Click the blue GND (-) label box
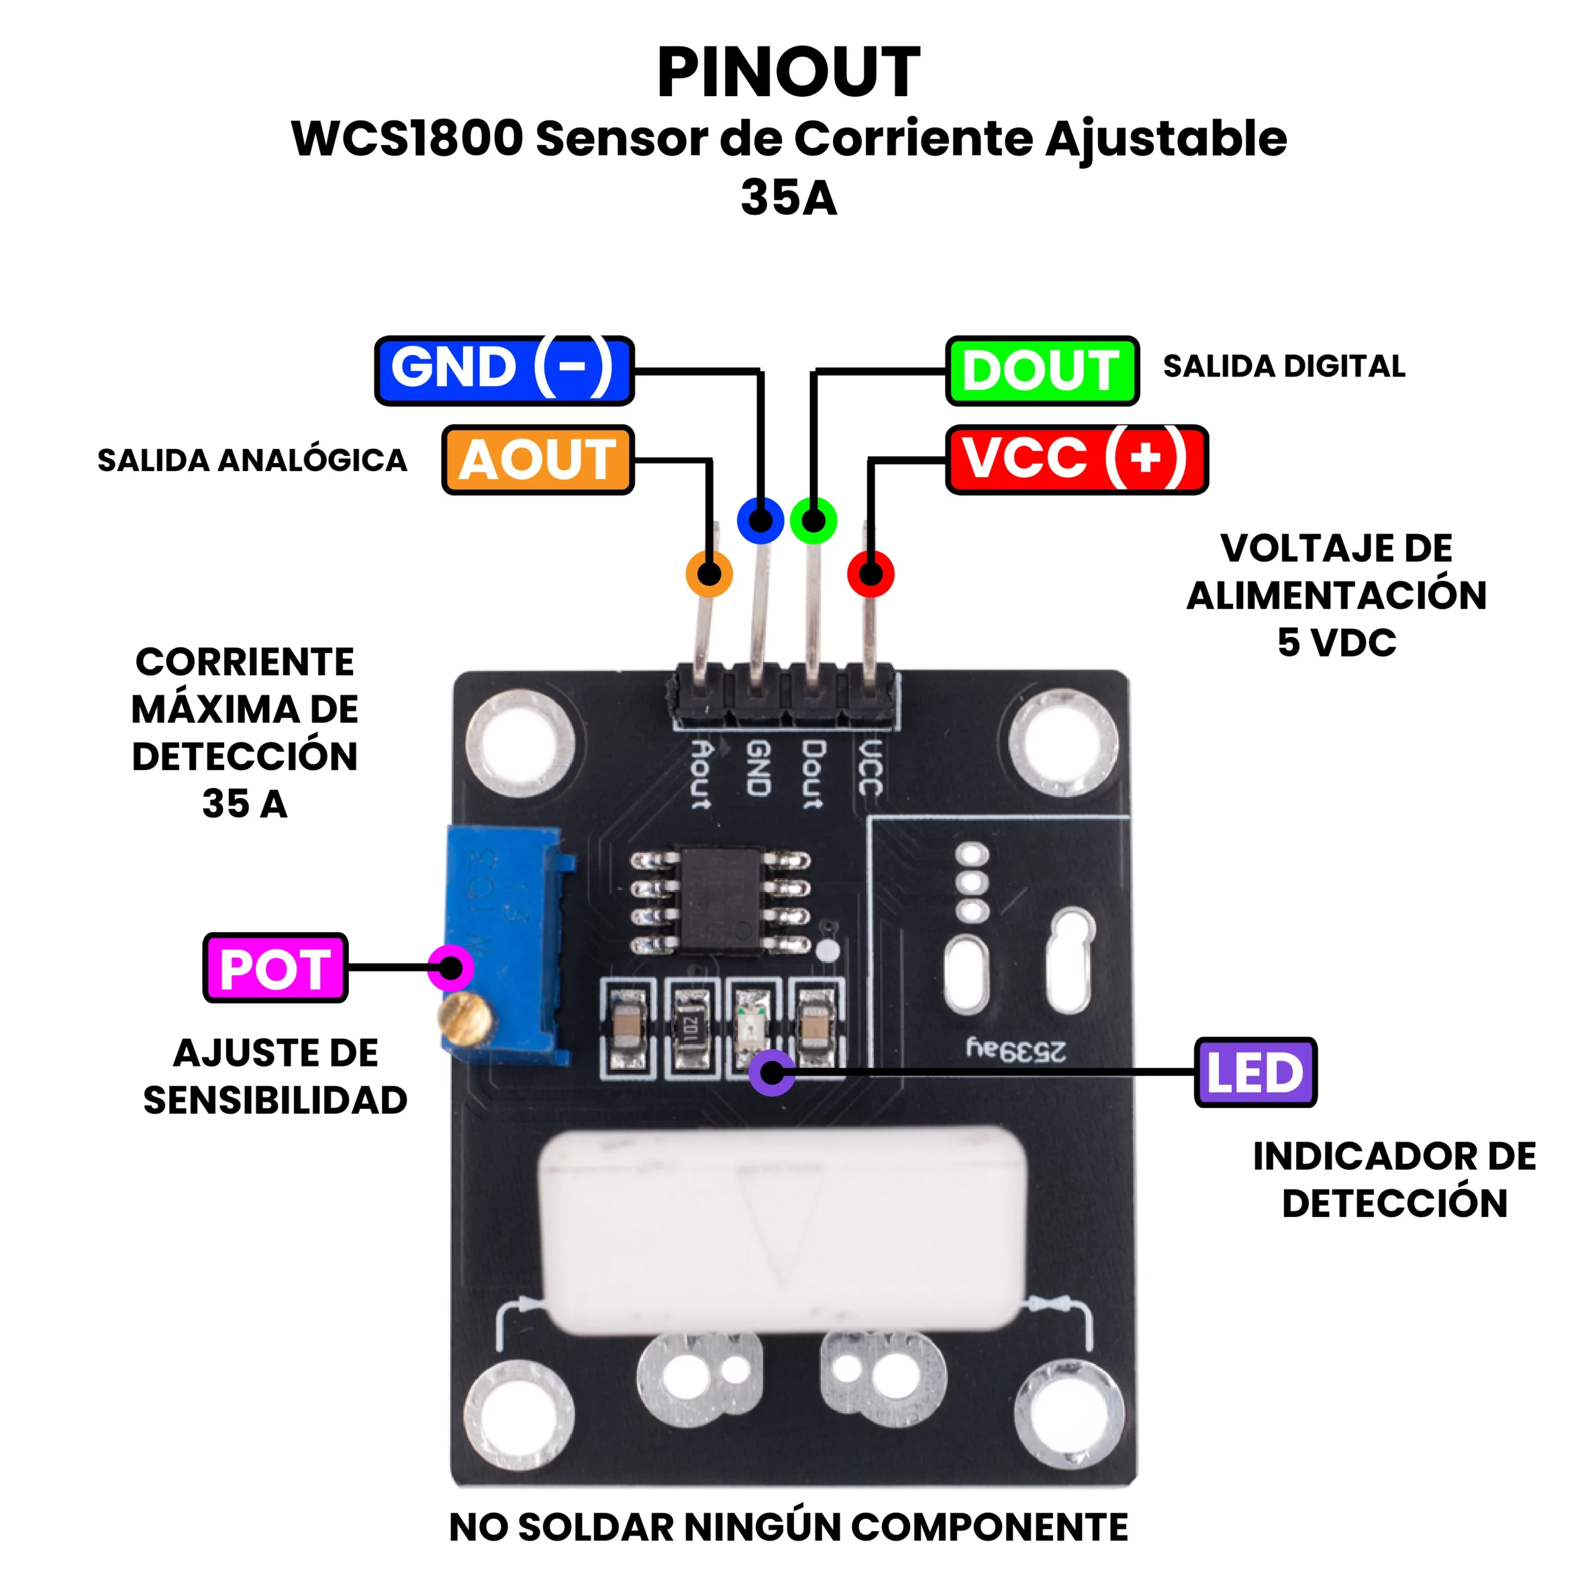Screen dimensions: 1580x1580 (504, 370)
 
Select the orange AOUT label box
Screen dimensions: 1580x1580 (538, 460)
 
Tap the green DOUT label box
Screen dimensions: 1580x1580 (1042, 370)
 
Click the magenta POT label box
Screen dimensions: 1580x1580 (276, 968)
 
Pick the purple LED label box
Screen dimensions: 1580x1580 (1255, 1072)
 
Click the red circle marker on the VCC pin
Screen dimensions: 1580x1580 (871, 573)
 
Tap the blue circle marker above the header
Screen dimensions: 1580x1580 (760, 520)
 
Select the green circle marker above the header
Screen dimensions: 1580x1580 (813, 520)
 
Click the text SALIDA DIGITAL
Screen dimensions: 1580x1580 (1284, 367)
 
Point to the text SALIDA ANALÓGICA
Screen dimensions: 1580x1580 (252, 460)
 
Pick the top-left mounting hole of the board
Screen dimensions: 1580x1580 (520, 743)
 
